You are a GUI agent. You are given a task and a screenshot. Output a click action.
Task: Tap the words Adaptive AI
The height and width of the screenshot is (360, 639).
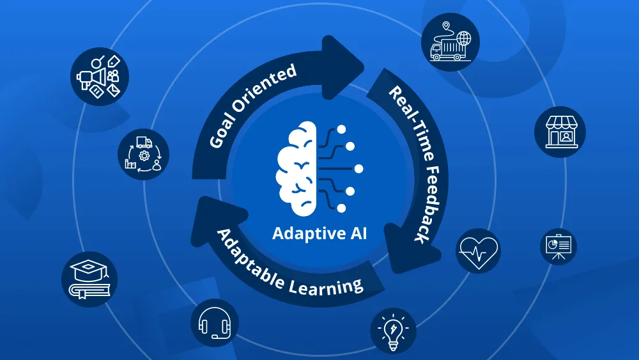click(319, 233)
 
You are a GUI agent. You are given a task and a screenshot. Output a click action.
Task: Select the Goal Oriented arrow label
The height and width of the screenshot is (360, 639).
click(252, 106)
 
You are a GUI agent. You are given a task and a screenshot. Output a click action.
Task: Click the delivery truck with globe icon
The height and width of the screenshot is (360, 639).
click(450, 42)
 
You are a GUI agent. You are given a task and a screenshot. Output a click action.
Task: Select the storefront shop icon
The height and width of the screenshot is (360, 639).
click(560, 132)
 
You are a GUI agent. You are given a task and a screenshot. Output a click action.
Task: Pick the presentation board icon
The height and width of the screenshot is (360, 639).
click(558, 247)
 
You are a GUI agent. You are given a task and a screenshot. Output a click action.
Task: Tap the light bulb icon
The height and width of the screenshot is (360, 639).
click(393, 331)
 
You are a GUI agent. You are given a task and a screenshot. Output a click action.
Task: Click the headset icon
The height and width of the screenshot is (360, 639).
click(215, 324)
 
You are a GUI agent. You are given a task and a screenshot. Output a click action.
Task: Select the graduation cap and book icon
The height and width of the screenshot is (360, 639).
click(89, 279)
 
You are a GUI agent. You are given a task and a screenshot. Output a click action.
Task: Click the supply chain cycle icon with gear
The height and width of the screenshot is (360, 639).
click(143, 155)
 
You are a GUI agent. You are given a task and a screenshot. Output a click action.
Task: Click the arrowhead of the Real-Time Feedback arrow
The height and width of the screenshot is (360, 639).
click(412, 249)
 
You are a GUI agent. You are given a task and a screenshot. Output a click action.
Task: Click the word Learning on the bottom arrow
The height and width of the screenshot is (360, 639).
click(326, 286)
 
